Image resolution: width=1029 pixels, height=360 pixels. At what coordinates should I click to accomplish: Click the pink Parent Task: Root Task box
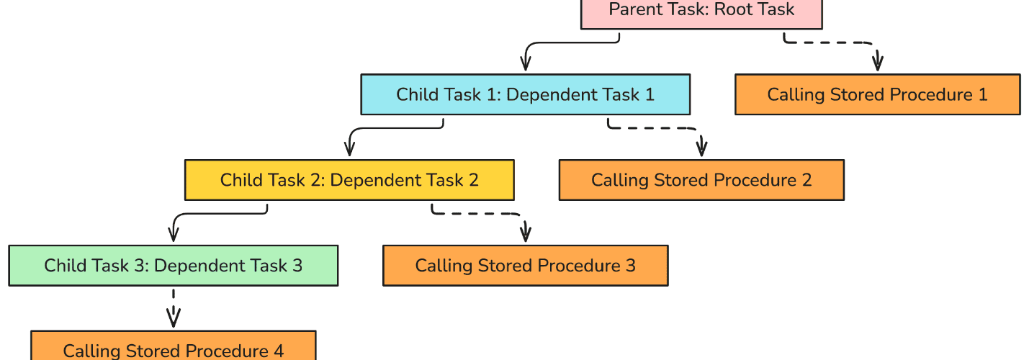click(x=701, y=14)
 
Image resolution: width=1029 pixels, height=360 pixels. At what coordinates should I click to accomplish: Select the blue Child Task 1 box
click(x=526, y=94)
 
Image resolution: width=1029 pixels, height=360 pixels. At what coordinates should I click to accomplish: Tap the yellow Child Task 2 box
click(x=349, y=180)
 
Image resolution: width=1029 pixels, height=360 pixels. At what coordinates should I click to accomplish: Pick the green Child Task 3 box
click(x=174, y=266)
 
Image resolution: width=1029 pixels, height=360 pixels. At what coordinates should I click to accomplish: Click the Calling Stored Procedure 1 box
click(x=877, y=94)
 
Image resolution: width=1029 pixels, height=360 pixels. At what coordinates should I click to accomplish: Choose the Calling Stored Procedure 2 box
click(x=701, y=180)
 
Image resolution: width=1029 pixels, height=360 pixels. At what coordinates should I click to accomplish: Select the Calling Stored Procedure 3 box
click(x=526, y=266)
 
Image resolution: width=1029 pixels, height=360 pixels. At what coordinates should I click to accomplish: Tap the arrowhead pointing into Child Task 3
click(x=174, y=234)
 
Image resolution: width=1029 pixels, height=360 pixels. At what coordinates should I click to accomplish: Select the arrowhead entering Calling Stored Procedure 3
click(x=526, y=234)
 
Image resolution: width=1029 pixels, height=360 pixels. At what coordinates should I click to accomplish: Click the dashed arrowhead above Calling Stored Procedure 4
click(x=174, y=318)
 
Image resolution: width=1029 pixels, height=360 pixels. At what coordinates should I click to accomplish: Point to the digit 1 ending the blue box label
click(x=650, y=94)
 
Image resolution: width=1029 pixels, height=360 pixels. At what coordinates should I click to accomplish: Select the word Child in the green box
click(x=63, y=266)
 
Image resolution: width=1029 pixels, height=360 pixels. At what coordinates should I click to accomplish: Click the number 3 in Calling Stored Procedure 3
click(x=631, y=266)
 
